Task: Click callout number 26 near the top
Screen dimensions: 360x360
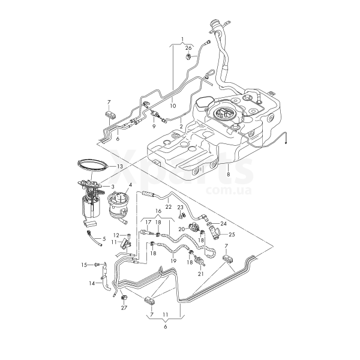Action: [188, 48]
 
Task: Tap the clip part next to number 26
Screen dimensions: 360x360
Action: [188, 56]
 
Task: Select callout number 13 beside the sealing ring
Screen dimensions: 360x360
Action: [120, 166]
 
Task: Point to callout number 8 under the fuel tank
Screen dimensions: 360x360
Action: [228, 174]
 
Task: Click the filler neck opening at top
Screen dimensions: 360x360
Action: [215, 23]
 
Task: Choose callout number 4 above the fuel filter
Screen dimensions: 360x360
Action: [130, 185]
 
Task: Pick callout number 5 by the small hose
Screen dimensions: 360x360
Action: [104, 239]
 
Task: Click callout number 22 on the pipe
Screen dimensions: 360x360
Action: [168, 207]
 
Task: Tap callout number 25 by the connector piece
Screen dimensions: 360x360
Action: [232, 235]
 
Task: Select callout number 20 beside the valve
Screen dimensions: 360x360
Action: [182, 229]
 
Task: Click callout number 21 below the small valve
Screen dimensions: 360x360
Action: [200, 274]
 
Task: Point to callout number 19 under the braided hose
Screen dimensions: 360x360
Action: [173, 261]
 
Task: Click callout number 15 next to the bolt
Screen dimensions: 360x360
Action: [84, 265]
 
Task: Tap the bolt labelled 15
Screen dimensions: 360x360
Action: [96, 265]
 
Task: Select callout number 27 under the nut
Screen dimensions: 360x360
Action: [124, 308]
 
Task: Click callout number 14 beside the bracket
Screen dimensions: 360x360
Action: [92, 284]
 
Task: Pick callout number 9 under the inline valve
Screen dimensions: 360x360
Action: [154, 126]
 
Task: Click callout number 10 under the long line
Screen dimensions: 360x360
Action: [173, 106]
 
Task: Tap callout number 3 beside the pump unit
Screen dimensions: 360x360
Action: [113, 186]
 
